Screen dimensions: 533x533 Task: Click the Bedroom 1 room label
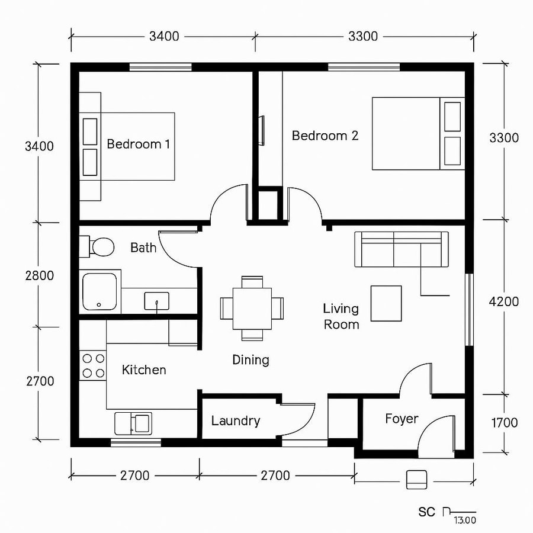138,144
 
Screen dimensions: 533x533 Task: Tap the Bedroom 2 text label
325,136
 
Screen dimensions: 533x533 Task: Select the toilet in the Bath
101,246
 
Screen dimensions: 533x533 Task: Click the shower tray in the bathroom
101,291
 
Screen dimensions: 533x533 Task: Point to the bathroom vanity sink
156,301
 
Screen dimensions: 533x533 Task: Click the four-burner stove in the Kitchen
93,365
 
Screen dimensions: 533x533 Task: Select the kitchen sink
133,423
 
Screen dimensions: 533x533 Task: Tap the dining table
252,308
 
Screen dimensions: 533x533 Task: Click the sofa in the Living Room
401,249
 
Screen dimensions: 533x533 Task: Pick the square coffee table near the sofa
386,303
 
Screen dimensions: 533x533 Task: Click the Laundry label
236,421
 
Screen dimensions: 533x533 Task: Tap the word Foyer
402,419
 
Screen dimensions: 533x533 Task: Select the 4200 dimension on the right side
504,301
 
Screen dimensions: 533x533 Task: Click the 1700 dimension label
504,423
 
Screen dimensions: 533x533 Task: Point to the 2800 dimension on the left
40,275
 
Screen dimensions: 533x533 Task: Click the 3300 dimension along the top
362,36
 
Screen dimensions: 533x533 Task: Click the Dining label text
251,359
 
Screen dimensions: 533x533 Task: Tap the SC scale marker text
426,512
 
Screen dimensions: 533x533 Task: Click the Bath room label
143,248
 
